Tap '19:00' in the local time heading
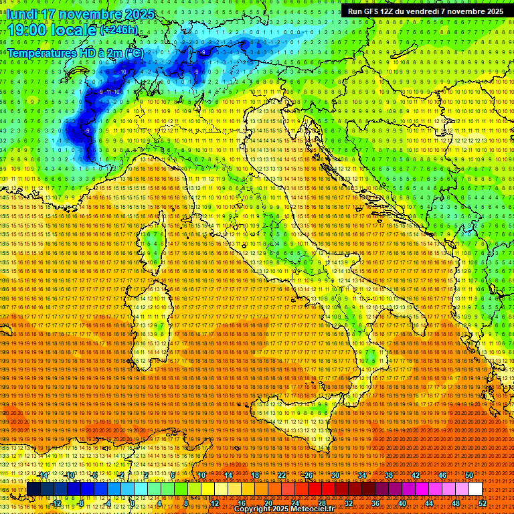(27, 30)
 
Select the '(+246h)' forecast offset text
(120, 30)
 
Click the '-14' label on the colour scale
(43, 475)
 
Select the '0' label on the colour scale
(133, 503)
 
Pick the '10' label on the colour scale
(201, 475)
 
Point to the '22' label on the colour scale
(282, 475)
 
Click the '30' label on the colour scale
(335, 475)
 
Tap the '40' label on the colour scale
(402, 503)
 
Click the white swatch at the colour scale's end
(475, 489)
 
